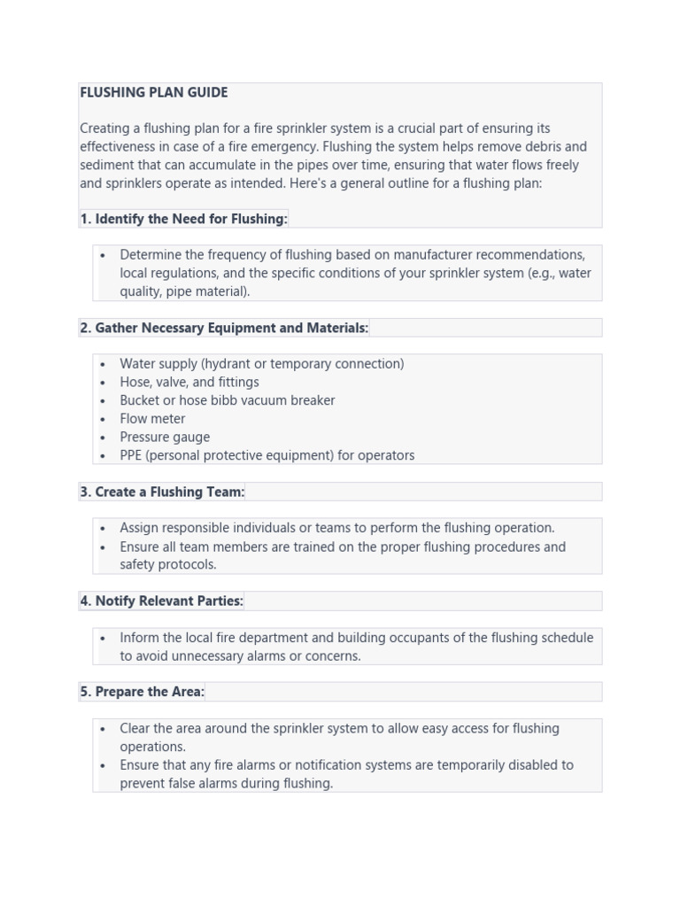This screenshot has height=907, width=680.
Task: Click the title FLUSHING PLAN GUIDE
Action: [x=153, y=92]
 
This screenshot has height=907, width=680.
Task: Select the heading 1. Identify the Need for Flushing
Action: [x=183, y=219]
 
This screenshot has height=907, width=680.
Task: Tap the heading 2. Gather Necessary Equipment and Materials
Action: [x=224, y=328]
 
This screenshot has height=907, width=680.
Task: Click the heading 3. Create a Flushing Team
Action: [x=162, y=492]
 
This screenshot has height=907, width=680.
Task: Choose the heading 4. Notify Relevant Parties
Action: [x=161, y=601]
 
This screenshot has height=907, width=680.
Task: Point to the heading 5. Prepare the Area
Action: [x=142, y=692]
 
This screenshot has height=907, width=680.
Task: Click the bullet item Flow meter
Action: [x=152, y=419]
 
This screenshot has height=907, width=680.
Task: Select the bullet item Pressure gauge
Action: [x=165, y=438]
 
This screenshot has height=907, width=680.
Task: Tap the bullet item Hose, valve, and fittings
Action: [x=189, y=383]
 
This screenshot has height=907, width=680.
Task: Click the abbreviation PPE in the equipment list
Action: [x=131, y=455]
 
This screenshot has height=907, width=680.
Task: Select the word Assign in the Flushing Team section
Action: [x=139, y=528]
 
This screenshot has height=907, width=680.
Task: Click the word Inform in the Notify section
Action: [x=139, y=638]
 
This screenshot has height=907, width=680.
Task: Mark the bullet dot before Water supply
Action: [x=104, y=364]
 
